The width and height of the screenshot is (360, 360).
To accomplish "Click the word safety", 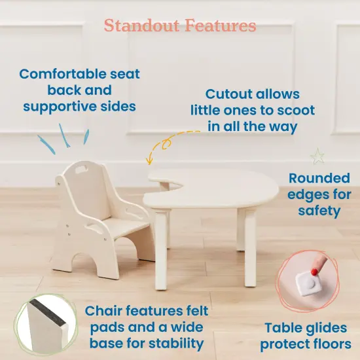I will (x=319, y=211).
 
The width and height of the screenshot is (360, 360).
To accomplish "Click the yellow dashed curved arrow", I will (x=164, y=143).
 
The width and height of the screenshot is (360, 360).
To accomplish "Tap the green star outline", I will (x=318, y=156).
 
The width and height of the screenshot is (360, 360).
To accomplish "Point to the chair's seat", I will (x=117, y=224).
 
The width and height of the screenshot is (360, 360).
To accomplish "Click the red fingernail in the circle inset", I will (x=315, y=268).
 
